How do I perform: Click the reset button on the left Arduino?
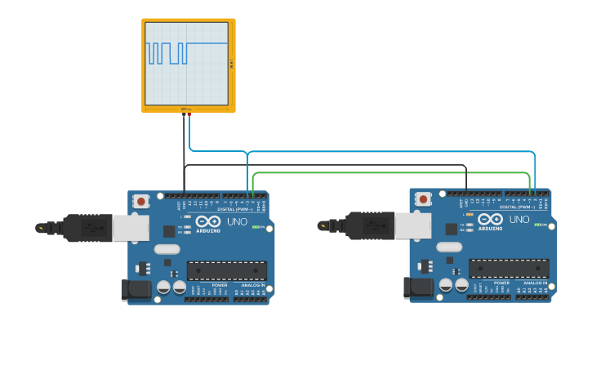tap(141, 201)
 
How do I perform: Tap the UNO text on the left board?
tap(237, 221)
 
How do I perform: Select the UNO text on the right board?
tap(519, 219)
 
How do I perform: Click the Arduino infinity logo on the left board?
tap(208, 221)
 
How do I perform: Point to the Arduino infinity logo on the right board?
tap(490, 219)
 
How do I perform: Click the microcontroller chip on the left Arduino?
tap(227, 270)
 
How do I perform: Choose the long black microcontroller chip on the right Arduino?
tap(509, 268)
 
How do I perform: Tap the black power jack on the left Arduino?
tap(134, 288)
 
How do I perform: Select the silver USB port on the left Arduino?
tap(131, 229)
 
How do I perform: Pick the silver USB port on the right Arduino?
tap(412, 226)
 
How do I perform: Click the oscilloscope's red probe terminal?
tap(189, 114)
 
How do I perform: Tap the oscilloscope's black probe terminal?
tap(184, 114)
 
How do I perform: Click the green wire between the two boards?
tap(392, 172)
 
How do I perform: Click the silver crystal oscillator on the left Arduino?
tap(166, 249)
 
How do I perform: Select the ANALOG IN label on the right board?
tap(535, 283)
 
